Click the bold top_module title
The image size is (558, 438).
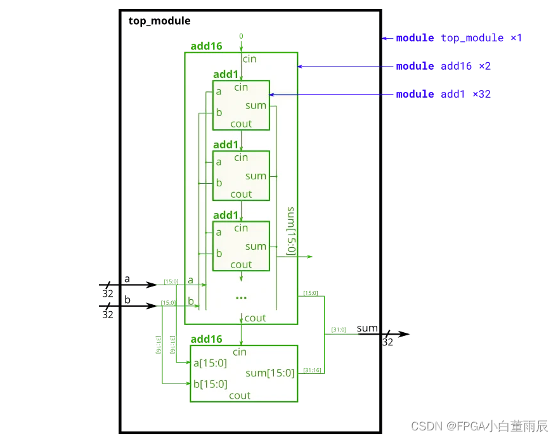click(159, 21)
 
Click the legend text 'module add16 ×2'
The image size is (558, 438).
click(443, 66)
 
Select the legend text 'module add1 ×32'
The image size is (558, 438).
click(443, 94)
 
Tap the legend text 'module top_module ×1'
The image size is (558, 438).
click(458, 38)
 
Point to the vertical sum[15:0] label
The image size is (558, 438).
click(292, 230)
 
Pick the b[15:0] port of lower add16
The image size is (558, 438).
click(211, 383)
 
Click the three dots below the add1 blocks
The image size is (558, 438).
click(241, 297)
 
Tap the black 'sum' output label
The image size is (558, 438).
click(367, 328)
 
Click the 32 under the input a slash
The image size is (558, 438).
click(108, 294)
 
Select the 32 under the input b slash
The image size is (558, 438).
click(108, 314)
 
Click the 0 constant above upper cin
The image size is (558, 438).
click(241, 36)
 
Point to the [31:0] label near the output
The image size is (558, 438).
click(339, 330)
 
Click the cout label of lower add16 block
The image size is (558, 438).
click(240, 396)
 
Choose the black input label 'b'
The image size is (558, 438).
click(127, 299)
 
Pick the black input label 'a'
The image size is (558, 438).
click(127, 279)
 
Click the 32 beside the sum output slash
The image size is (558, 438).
click(387, 342)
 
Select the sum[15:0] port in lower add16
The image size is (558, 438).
click(269, 373)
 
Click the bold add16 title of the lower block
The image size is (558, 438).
click(206, 339)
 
